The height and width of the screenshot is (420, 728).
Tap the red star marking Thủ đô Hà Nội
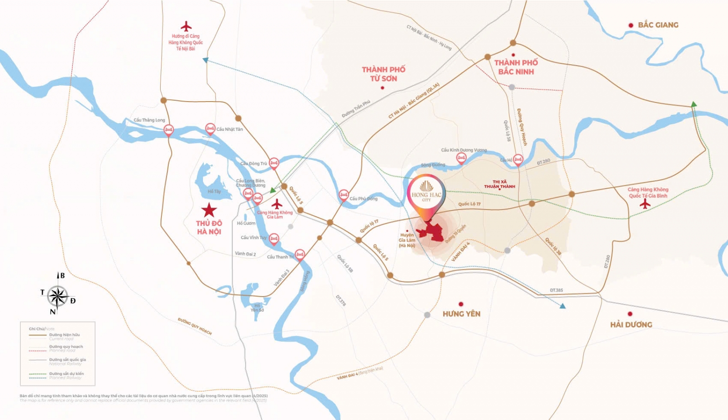point(209,210)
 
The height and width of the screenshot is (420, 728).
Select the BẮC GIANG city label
point(657,25)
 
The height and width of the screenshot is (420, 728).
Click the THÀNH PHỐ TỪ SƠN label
point(384,74)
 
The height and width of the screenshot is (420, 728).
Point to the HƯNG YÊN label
point(461,314)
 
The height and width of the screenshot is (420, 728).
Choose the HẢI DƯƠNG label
point(631,324)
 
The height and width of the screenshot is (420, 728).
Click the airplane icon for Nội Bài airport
point(186,26)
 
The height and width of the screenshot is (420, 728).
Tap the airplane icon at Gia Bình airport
point(645,204)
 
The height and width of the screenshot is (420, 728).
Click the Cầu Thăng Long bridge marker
point(168,130)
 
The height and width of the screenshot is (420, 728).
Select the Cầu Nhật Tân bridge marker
point(210,129)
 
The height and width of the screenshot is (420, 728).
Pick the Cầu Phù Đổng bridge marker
point(344,195)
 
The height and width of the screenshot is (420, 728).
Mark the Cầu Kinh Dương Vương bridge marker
point(461,158)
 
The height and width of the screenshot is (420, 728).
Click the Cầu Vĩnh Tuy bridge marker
point(273,238)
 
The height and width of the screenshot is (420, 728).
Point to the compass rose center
point(58,297)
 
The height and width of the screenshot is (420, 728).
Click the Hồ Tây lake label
point(214,191)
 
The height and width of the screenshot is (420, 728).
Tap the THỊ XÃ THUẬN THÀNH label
point(500,184)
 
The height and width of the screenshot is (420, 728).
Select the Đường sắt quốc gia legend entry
point(67,360)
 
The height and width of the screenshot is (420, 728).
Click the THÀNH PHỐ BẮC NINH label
point(516,67)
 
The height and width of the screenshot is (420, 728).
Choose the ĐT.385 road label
point(556,290)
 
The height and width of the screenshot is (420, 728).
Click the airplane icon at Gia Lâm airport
point(277,204)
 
